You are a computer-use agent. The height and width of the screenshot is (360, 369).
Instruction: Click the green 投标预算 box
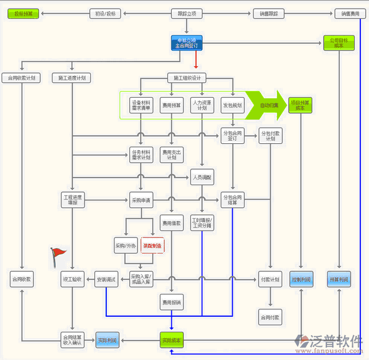24,13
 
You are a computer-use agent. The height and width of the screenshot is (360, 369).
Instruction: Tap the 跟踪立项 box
187,13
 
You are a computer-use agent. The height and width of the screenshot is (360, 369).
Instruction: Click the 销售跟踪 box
268,13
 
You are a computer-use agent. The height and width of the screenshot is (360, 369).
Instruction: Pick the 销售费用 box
350,13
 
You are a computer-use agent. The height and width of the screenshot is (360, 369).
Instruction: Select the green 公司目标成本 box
339,43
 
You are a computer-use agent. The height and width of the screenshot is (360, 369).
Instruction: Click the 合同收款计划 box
22,78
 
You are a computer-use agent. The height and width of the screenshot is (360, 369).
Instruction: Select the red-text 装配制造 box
152,246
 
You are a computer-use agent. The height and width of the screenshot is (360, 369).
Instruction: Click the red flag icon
57,254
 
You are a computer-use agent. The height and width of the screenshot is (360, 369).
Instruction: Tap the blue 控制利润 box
301,279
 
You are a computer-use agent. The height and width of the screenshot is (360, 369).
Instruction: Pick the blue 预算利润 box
339,279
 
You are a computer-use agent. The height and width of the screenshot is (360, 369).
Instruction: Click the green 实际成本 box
171,340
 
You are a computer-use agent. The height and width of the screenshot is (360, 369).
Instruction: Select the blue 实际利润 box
107,340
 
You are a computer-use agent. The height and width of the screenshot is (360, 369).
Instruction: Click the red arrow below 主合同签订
195,59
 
